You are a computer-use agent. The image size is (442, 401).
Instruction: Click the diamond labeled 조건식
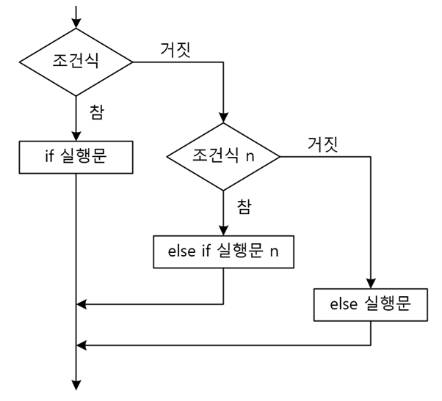76,61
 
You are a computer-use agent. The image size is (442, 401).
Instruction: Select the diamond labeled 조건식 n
223,156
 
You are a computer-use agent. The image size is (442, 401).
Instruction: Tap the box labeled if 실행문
76,157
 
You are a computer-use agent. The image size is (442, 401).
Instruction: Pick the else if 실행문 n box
223,252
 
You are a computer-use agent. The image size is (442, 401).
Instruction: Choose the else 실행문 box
371,304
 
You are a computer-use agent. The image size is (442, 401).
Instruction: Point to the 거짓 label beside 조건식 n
322,143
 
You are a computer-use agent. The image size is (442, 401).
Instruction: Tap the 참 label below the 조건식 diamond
96,111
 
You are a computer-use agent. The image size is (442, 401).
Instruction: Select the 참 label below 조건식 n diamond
244,207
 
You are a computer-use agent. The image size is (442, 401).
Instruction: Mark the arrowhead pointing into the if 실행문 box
76,136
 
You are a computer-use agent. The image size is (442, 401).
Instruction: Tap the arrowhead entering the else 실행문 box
371,284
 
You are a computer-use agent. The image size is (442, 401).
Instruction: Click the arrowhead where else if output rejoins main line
82,303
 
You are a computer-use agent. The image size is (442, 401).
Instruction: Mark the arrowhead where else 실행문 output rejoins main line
82,344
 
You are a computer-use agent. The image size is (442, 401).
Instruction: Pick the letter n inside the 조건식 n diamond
250,156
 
